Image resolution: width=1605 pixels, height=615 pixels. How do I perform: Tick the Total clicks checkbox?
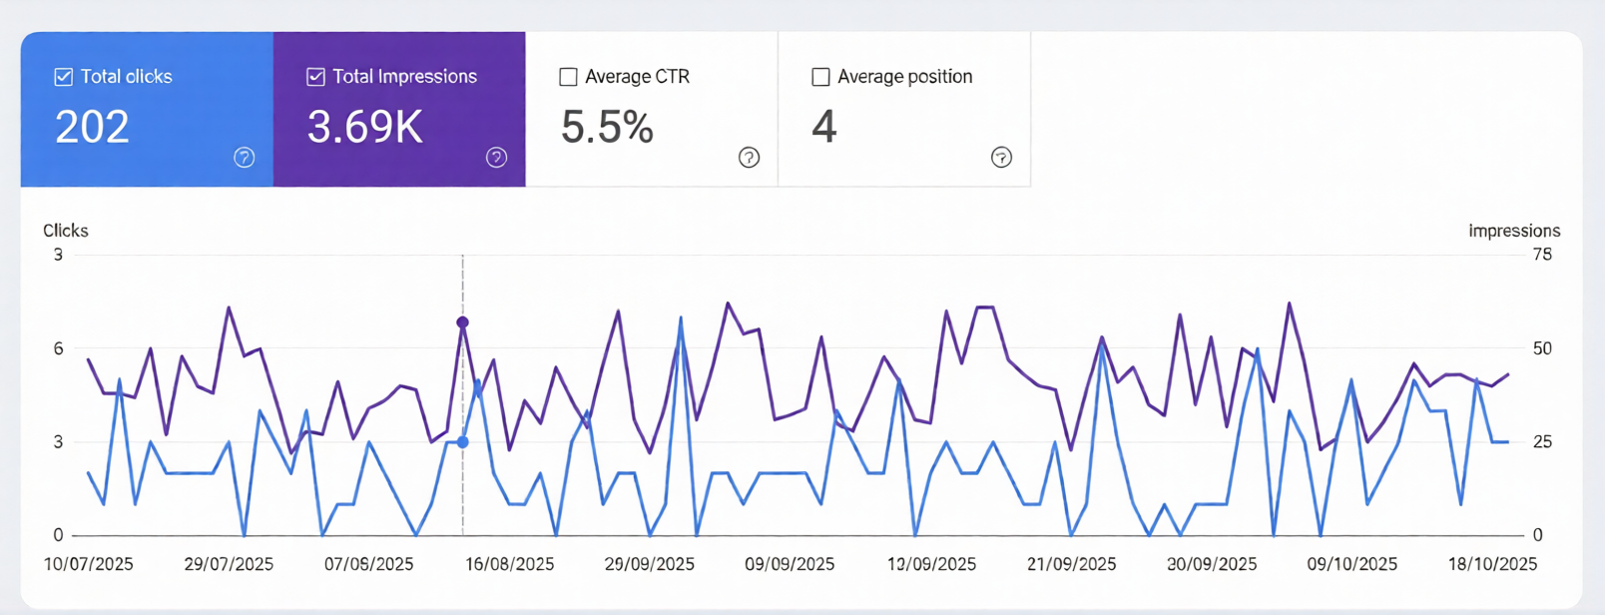point(64,77)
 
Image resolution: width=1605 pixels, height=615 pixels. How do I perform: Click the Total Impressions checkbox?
point(315,77)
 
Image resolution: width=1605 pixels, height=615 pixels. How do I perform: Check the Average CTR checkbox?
point(568,77)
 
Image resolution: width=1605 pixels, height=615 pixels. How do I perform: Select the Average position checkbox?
point(820,77)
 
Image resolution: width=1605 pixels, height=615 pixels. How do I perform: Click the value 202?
point(92,128)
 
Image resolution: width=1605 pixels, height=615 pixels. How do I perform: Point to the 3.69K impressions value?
point(365,128)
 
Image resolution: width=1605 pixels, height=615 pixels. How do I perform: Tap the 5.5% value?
point(607,128)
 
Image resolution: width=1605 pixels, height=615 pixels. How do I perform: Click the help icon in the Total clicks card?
point(245,157)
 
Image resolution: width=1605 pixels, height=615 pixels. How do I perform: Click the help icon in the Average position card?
point(1001,157)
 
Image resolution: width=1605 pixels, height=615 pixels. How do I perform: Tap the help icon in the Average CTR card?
point(749,157)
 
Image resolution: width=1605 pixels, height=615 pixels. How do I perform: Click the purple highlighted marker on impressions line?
point(462,322)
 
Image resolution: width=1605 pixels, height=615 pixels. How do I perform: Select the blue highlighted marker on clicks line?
point(462,442)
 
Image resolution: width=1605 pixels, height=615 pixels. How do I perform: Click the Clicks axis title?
point(66,231)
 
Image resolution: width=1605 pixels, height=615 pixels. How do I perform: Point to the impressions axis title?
point(1513,231)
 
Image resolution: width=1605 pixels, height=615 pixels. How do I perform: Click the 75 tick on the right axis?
point(1542,255)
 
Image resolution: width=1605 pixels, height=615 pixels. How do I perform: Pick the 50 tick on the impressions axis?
point(1542,348)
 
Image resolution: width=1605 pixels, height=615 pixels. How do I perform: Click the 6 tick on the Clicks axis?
point(59,348)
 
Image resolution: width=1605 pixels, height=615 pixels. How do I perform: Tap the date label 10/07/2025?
point(89,564)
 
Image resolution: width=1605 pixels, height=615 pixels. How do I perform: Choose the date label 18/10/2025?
point(1492,564)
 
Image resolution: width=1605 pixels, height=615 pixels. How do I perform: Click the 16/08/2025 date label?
point(509,564)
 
